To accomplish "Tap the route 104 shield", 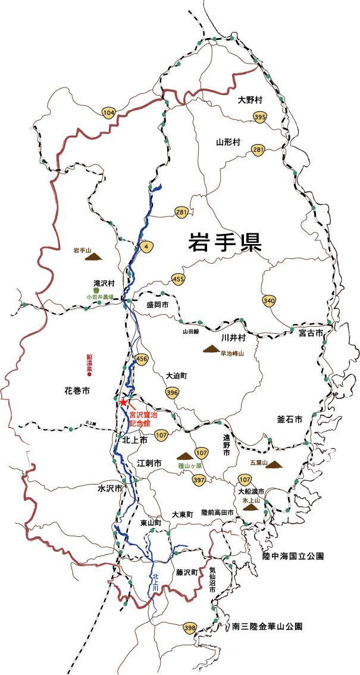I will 108,113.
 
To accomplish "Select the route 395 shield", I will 259,118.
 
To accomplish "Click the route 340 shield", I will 269,301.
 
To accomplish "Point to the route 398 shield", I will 190,628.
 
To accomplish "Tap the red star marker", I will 123,402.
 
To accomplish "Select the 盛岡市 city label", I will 158,305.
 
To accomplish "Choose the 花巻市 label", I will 77,391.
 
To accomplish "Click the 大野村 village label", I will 250,99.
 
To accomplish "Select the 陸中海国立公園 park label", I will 293,556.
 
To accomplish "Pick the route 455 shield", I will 179,279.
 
